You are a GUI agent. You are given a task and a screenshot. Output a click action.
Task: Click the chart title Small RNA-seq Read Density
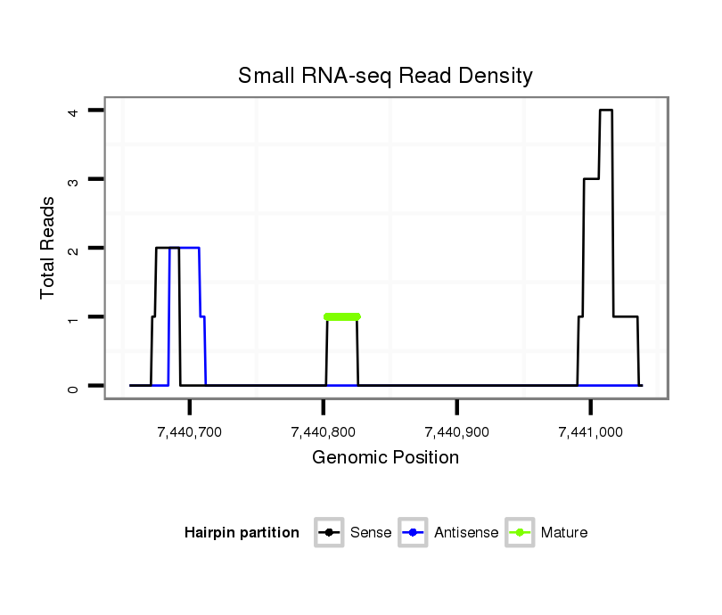(385, 76)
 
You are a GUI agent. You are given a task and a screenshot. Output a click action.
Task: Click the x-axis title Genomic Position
(385, 458)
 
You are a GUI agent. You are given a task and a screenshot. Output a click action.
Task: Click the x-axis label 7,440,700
(189, 432)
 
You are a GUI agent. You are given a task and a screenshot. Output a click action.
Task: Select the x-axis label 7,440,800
(323, 432)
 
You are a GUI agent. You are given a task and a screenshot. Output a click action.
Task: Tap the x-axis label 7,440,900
(456, 432)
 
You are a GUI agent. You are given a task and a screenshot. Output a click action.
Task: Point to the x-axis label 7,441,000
(590, 432)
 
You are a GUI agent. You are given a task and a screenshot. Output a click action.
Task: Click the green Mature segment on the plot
(342, 316)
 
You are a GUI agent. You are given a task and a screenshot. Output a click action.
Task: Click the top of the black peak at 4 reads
(606, 110)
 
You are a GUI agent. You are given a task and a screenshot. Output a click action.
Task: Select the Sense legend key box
(329, 533)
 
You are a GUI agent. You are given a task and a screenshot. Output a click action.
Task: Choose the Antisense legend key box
(414, 533)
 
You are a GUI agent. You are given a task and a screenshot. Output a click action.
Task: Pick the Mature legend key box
(520, 533)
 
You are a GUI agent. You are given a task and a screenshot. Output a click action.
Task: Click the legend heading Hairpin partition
(242, 533)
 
